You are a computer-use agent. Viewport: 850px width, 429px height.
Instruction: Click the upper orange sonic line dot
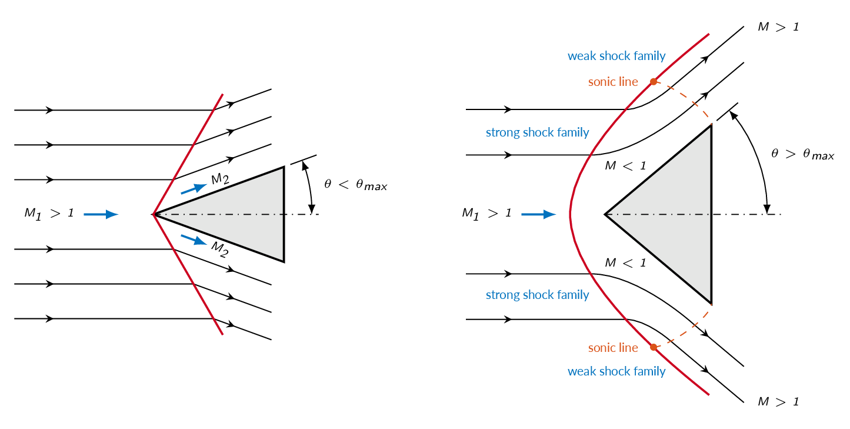pos(654,82)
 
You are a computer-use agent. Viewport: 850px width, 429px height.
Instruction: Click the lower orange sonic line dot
pos(654,347)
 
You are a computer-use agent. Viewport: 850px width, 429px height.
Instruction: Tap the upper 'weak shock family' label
pos(616,56)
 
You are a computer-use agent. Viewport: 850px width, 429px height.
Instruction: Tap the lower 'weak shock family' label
pos(616,371)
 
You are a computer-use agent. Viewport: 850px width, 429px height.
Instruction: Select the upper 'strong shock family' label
pos(537,132)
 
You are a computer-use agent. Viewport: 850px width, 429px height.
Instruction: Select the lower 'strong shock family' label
pos(537,295)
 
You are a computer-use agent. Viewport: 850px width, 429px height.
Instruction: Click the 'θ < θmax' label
pos(355,185)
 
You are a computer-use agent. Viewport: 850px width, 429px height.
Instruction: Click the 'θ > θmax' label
pos(802,154)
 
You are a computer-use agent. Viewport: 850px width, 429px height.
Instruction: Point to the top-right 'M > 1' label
pos(778,27)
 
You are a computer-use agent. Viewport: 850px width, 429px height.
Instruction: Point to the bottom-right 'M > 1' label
pos(778,402)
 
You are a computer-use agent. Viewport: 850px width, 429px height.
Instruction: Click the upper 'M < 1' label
pos(625,166)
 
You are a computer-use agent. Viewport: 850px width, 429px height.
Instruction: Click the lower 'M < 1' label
pos(625,262)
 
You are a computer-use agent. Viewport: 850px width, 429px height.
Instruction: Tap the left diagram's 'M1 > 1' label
pos(49,214)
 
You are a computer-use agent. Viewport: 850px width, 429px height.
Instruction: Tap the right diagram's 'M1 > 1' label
pos(486,214)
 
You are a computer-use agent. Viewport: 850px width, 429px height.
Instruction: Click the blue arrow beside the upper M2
pos(194,189)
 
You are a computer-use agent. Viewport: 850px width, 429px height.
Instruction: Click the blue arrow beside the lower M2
pos(194,240)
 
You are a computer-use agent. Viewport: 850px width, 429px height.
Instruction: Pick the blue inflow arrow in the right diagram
pos(538,214)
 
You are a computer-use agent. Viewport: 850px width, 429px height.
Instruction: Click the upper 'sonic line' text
pos(613,82)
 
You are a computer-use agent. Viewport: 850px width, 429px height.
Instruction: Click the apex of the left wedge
pos(154,214)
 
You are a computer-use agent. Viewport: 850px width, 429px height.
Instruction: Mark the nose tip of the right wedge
pos(605,214)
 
